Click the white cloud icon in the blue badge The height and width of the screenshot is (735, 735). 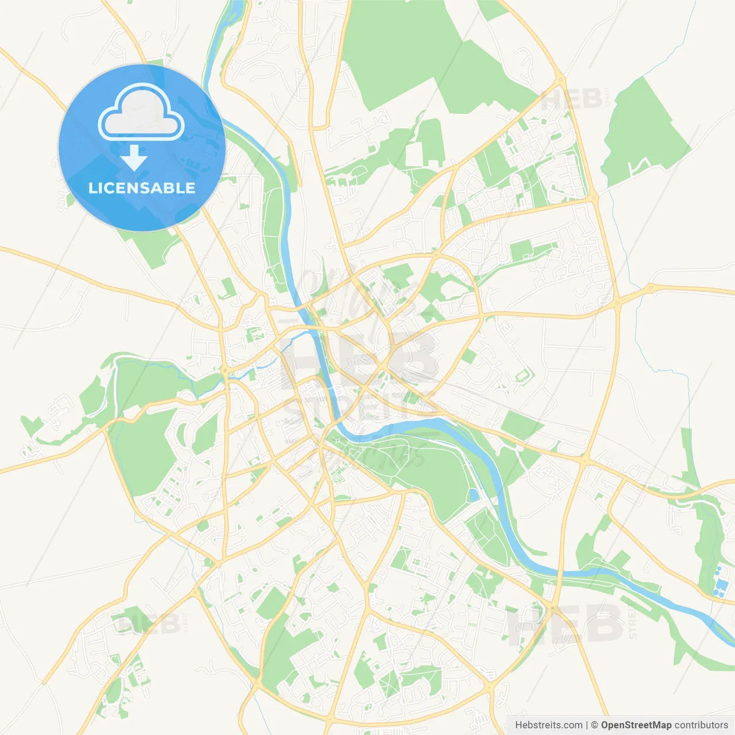[141, 113]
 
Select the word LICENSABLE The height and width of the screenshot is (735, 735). [142, 188]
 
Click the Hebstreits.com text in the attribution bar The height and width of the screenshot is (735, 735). [548, 725]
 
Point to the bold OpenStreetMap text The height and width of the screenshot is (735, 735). [636, 725]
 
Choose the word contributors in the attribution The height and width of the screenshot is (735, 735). [701, 725]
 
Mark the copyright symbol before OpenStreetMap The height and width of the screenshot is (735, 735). [595, 725]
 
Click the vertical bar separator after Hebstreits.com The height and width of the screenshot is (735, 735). [587, 725]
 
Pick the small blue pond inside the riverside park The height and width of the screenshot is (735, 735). [473, 495]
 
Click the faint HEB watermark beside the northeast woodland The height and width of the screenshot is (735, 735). [571, 99]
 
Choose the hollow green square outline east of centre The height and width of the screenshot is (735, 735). [524, 376]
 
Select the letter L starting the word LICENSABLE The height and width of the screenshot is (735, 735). [92, 188]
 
